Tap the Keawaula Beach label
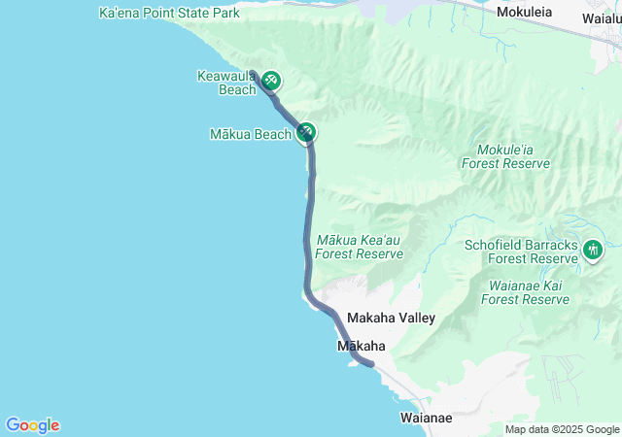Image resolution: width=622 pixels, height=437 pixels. (x=225, y=83)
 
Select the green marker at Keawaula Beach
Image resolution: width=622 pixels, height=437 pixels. (x=272, y=81)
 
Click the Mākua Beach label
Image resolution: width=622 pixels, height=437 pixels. (x=250, y=134)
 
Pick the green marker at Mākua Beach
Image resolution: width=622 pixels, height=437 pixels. (x=307, y=132)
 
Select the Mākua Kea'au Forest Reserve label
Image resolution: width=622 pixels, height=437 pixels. (x=360, y=247)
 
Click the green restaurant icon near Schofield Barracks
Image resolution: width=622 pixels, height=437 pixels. (x=593, y=250)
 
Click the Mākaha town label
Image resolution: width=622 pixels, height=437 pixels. (x=361, y=346)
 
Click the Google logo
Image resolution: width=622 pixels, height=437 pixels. (x=32, y=425)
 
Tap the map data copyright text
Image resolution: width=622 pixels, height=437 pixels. (x=562, y=429)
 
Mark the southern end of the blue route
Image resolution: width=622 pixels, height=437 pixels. (x=370, y=364)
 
